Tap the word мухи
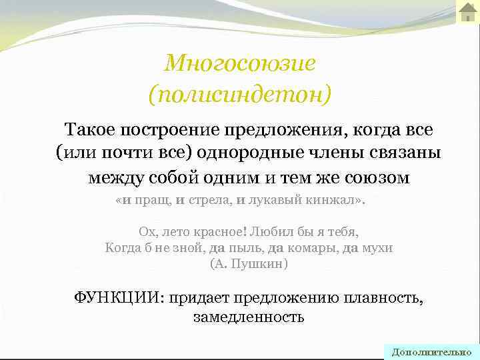pos(377,248)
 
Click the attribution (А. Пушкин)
pos(249,264)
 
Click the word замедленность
pos(249,317)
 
